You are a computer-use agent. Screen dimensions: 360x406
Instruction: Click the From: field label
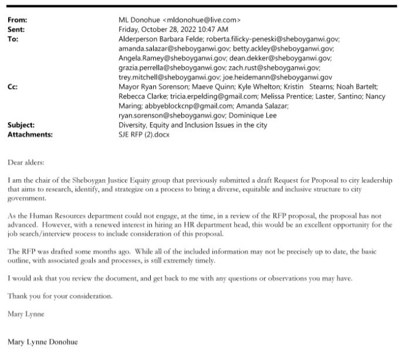coord(18,20)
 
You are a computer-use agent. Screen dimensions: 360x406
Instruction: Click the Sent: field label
coord(16,29)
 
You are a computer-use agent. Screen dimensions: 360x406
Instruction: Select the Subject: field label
coord(21,125)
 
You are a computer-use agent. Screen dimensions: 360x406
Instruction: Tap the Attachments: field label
coord(30,134)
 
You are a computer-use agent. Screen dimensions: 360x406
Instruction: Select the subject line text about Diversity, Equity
coord(192,125)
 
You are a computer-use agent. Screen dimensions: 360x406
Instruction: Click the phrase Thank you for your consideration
coord(60,296)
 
